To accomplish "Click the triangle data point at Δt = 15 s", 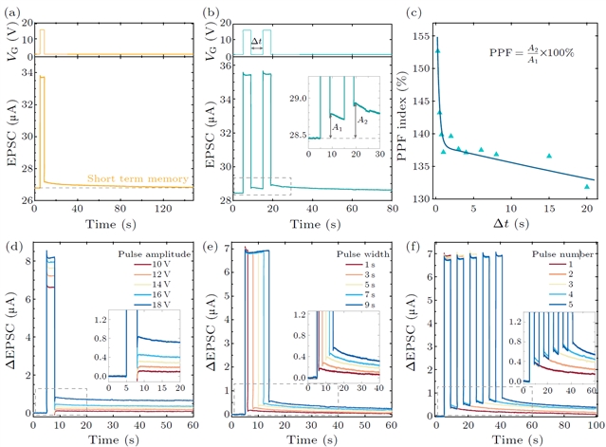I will pyautogui.click(x=549, y=156).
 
